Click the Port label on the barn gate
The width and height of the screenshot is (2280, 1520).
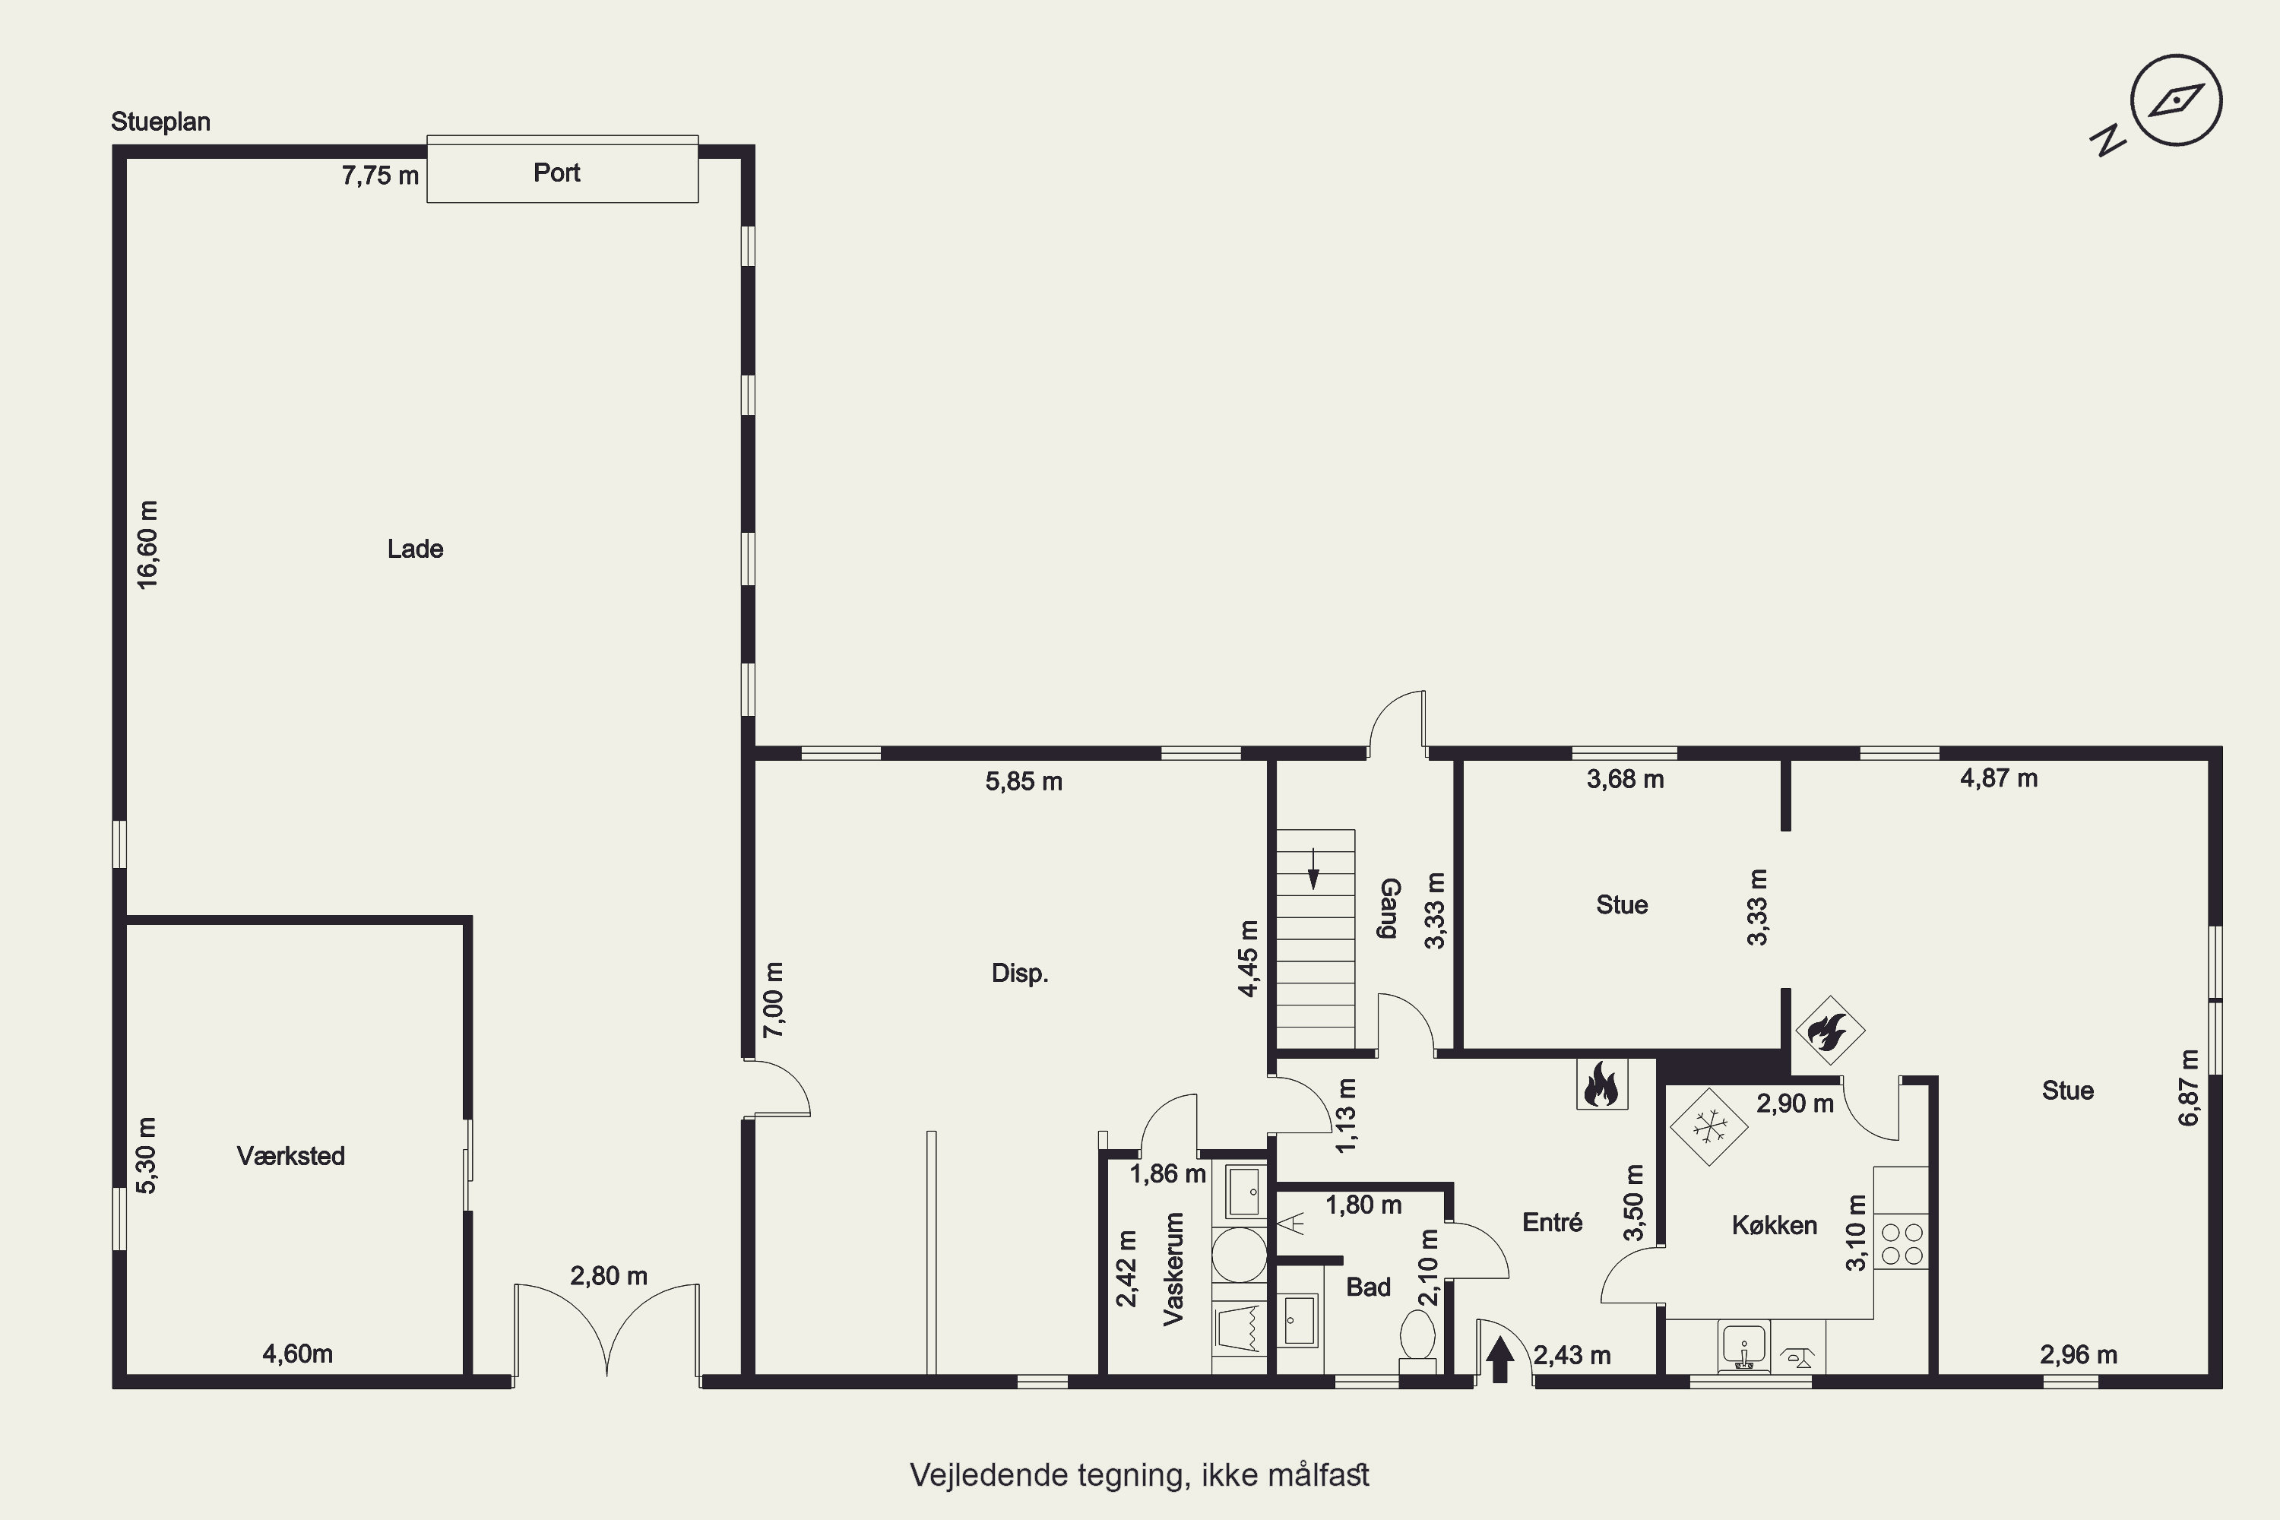pyautogui.click(x=556, y=173)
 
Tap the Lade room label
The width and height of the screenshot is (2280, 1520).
pyautogui.click(x=415, y=549)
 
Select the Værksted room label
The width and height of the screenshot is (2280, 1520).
pyautogui.click(x=291, y=1155)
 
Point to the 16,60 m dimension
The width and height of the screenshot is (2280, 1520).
pyautogui.click(x=147, y=545)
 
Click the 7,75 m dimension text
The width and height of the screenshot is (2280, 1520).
pyautogui.click(x=380, y=176)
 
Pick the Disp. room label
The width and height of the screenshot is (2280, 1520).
pyautogui.click(x=1020, y=974)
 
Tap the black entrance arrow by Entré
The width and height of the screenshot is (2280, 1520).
pyautogui.click(x=1499, y=1358)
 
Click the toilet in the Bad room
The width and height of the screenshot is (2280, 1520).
pyautogui.click(x=1417, y=1341)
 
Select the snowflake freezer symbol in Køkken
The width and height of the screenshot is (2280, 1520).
pyautogui.click(x=1709, y=1126)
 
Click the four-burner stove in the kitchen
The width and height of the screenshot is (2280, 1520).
pyautogui.click(x=1901, y=1243)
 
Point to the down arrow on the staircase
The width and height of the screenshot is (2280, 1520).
pyautogui.click(x=1313, y=869)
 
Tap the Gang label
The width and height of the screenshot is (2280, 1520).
pyautogui.click(x=1389, y=908)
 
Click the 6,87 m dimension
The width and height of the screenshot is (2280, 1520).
pyautogui.click(x=2189, y=1088)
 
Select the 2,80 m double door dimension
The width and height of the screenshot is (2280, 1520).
pyautogui.click(x=609, y=1276)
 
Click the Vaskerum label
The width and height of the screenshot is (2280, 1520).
pyautogui.click(x=1174, y=1269)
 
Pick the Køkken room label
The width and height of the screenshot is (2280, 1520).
pyautogui.click(x=1774, y=1225)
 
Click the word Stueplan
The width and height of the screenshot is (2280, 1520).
pyautogui.click(x=161, y=122)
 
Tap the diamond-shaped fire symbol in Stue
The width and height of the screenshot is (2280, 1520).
pyautogui.click(x=1830, y=1031)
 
